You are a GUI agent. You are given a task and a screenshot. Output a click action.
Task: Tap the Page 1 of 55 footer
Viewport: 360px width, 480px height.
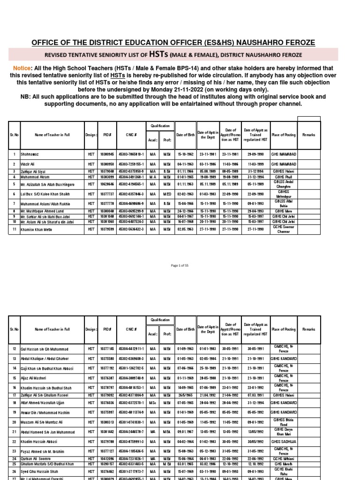(180, 265)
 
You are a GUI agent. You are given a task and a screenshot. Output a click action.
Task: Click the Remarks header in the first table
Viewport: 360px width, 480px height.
(308, 135)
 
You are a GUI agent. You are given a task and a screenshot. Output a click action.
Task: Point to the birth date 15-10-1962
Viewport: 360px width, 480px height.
(184, 154)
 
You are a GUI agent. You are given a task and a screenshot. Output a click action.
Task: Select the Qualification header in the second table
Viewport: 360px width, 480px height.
(160, 320)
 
